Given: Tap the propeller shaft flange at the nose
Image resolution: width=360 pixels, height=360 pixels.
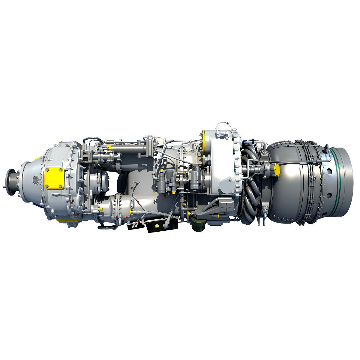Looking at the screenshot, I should [12, 180].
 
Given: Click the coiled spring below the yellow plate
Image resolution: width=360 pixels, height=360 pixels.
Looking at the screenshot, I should [56, 196].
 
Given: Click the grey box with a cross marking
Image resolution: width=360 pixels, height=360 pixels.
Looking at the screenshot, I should [224, 205].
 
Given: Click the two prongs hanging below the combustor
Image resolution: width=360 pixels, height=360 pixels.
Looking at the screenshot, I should [264, 221].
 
